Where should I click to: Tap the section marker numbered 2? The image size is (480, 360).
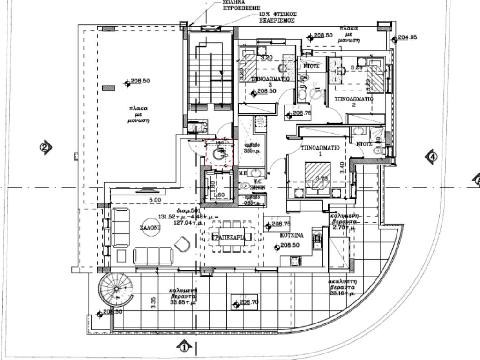click(45, 147)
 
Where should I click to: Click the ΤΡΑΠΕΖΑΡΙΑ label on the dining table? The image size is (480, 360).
click(229, 238)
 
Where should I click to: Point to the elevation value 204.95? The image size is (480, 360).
click(407, 37)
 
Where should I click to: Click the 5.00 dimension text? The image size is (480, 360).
click(155, 200)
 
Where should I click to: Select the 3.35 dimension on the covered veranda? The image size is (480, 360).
click(153, 303)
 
